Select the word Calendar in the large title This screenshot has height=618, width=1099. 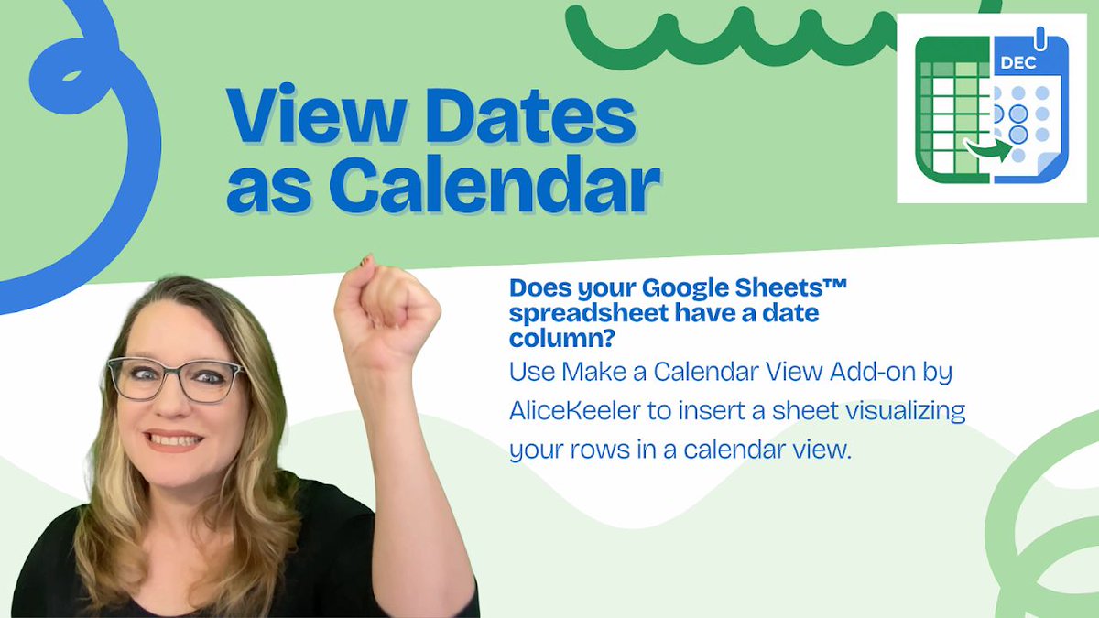(495, 186)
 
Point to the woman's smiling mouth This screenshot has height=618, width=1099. (174, 440)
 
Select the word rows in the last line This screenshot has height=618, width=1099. (601, 450)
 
